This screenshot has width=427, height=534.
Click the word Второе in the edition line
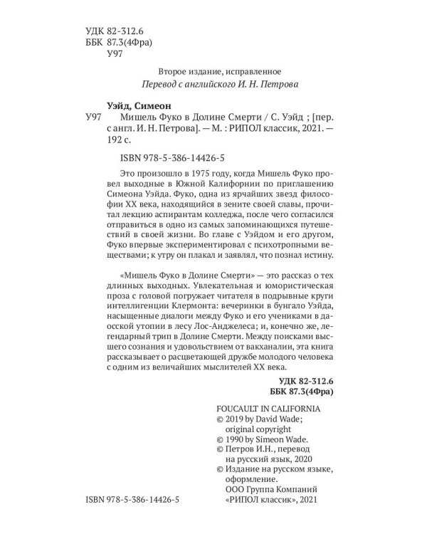[x=172, y=70]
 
